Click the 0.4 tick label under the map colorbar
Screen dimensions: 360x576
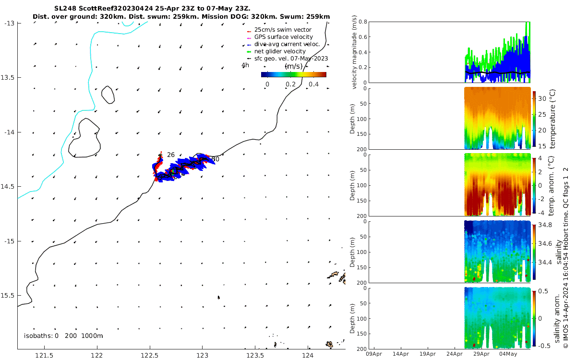pyautogui.click(x=313, y=84)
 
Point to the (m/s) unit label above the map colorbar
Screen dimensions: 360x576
pyautogui.click(x=293, y=66)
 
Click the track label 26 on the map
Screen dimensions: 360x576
pyautogui.click(x=171, y=155)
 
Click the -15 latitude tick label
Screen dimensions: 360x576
pyautogui.click(x=8, y=241)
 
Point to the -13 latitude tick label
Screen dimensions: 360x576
pyautogui.click(x=8, y=23)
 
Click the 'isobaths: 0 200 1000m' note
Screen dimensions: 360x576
pyautogui.click(x=63, y=336)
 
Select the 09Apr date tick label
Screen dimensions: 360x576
pyautogui.click(x=373, y=354)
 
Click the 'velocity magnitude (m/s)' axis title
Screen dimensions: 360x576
pyautogui.click(x=355, y=52)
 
